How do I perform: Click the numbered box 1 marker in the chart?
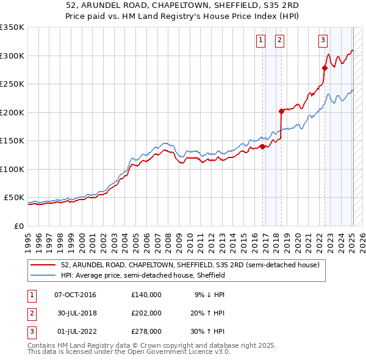pyautogui.click(x=260, y=41)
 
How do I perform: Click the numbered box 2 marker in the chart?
pyautogui.click(x=279, y=41)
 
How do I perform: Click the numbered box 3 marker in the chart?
pyautogui.click(x=322, y=41)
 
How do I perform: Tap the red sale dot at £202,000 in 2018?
pyautogui.click(x=281, y=111)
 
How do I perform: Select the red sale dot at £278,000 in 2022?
pyautogui.click(x=325, y=68)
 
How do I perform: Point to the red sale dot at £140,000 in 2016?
pyautogui.click(x=262, y=146)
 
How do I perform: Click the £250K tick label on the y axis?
pyautogui.click(x=12, y=84)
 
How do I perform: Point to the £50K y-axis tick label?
pyautogui.click(x=14, y=198)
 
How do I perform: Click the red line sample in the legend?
pyautogui.click(x=43, y=265)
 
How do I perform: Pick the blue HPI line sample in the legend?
pyautogui.click(x=43, y=276)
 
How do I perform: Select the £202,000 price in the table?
pyautogui.click(x=146, y=313)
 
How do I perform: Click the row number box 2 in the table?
pyautogui.click(x=30, y=313)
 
